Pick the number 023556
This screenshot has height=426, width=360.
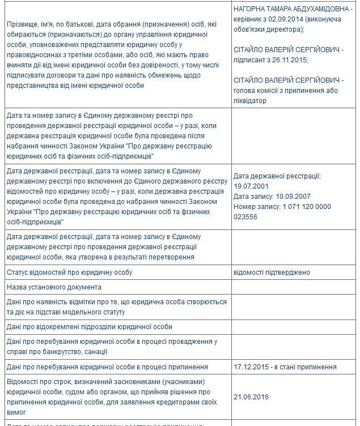tap(245, 216)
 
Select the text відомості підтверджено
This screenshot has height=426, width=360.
tap(272, 272)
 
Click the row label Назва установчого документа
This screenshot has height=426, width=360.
tap(54, 287)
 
